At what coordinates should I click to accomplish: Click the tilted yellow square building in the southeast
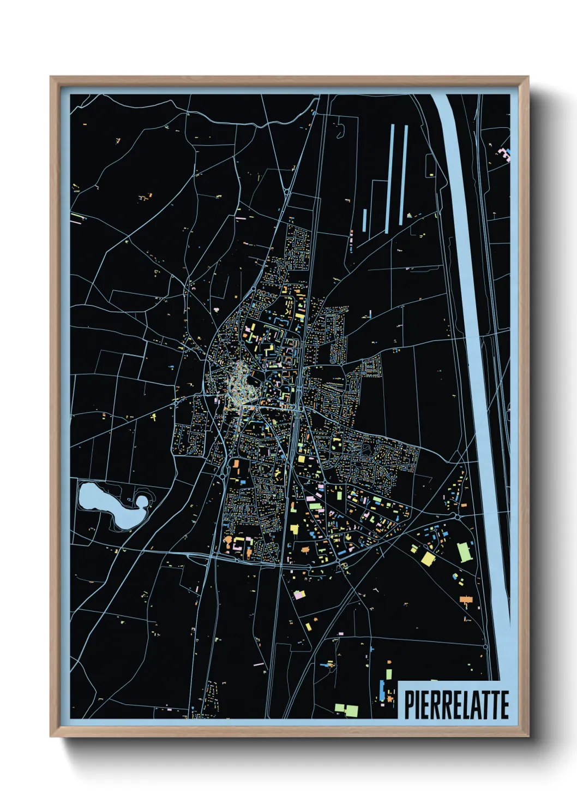point(428,559)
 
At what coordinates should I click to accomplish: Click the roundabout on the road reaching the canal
point(455,514)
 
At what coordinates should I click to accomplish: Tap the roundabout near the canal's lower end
point(485,646)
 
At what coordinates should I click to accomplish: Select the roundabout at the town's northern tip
point(286,192)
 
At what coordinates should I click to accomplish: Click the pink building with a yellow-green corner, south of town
point(298,594)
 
